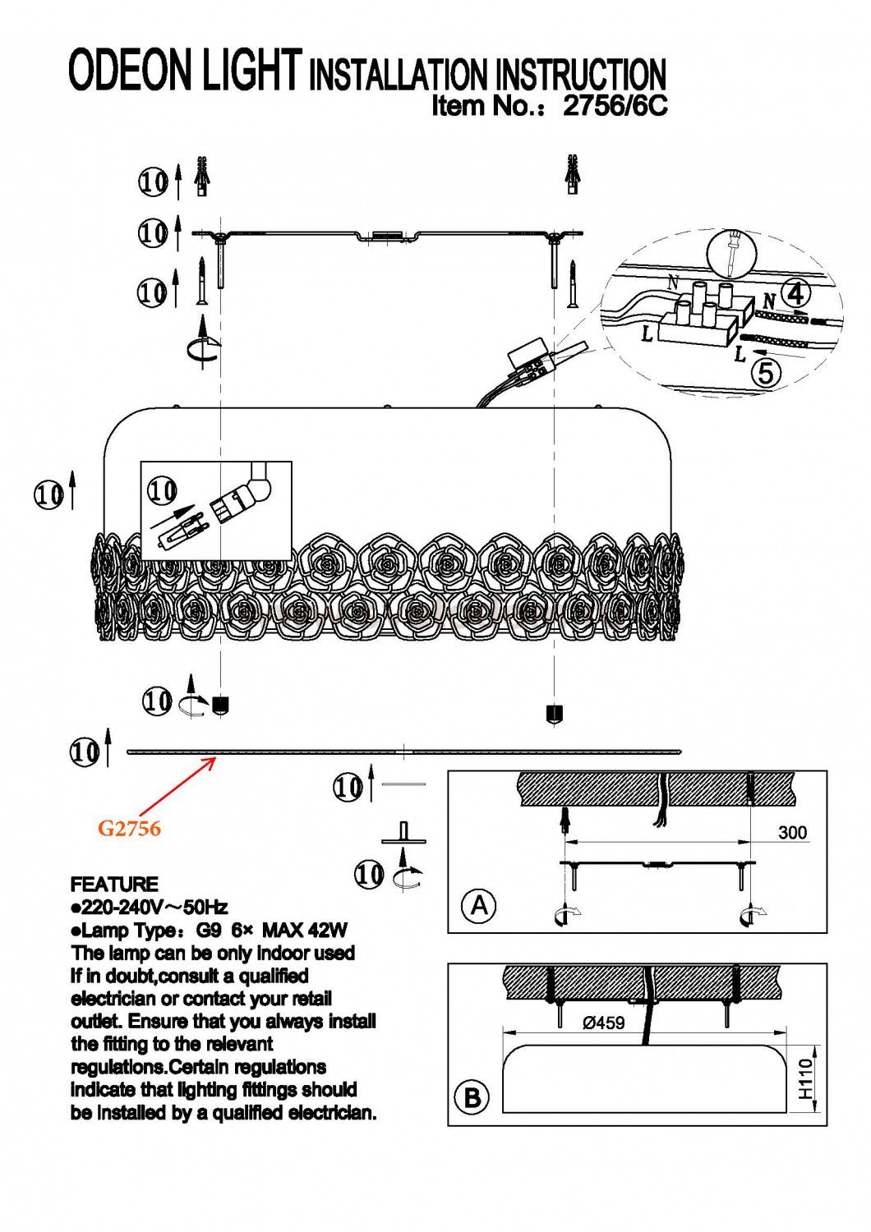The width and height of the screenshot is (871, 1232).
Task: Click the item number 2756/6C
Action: [x=615, y=104]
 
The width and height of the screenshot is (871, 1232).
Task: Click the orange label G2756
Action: [x=129, y=828]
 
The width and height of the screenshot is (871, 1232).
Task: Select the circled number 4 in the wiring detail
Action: [x=795, y=296]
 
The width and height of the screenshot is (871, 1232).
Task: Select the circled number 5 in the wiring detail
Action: [x=765, y=374]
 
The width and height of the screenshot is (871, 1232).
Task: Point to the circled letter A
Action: [x=479, y=904]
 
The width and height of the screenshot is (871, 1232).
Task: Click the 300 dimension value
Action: [x=792, y=832]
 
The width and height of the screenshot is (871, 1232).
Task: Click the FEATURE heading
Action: [x=114, y=884]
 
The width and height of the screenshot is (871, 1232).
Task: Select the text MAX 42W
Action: [x=304, y=930]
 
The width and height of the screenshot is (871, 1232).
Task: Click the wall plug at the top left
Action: [x=202, y=176]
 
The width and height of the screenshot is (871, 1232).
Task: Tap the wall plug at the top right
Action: [x=573, y=175]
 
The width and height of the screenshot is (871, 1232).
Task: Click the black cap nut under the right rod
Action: [x=554, y=713]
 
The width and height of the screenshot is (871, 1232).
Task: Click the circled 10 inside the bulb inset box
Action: [x=163, y=490]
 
